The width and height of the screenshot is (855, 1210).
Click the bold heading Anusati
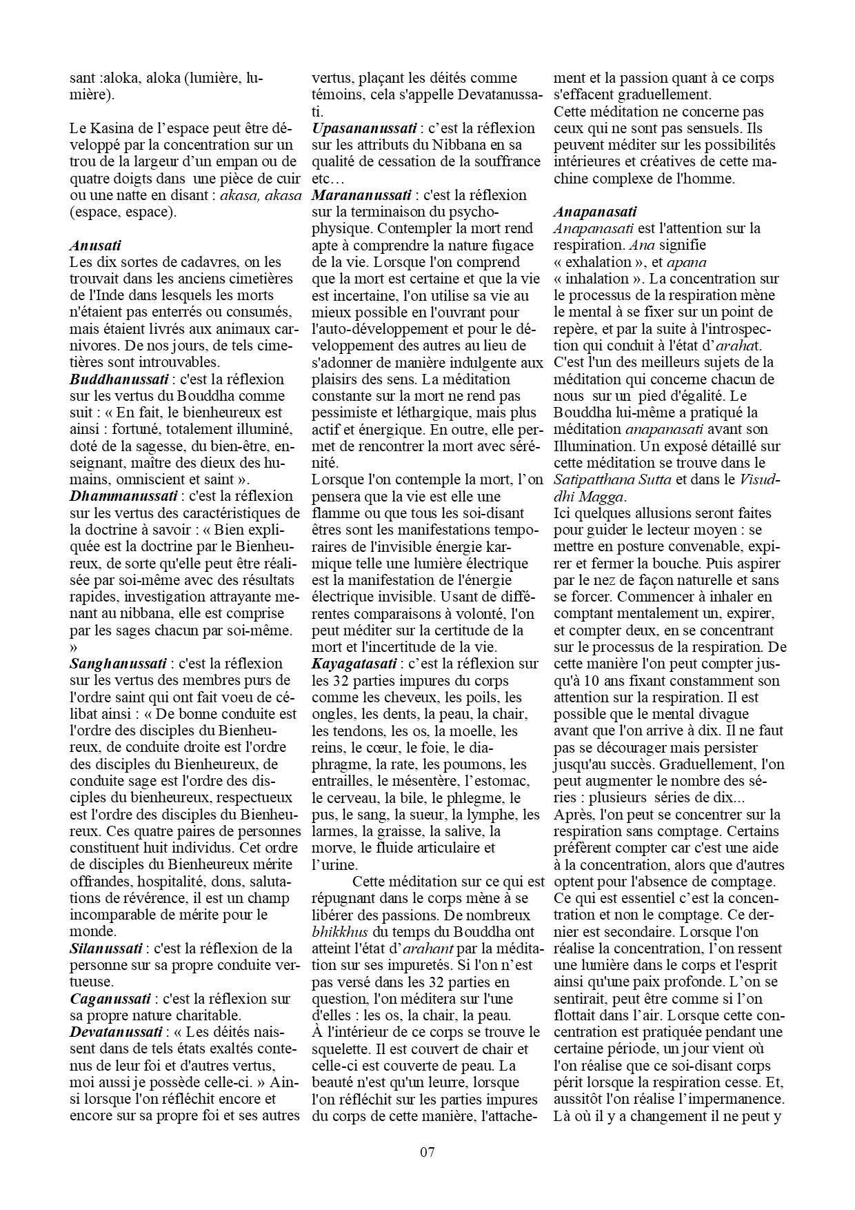96,245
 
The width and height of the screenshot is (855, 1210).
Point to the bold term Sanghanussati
118,664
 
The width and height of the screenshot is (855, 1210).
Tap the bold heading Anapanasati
595,212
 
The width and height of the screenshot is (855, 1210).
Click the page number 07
428,1151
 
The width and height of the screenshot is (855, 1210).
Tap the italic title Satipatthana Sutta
612,479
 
